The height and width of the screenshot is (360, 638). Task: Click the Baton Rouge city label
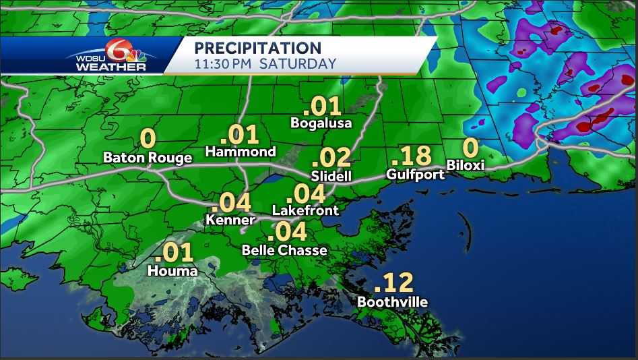[148, 158]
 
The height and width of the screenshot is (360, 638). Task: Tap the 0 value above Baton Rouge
[148, 139]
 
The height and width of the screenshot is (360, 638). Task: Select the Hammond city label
[241, 152]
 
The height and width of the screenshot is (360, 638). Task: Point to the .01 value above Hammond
[241, 133]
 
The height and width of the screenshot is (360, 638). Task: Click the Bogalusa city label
[321, 123]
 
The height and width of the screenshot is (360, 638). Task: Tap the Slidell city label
[331, 175]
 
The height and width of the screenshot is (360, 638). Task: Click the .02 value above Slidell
[331, 158]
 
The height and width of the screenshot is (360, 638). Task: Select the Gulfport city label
[416, 174]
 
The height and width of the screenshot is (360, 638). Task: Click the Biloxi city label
[466, 164]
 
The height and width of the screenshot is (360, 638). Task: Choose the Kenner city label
[230, 220]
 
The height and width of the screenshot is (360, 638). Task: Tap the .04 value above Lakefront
[306, 194]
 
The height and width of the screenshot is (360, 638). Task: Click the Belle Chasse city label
[284, 250]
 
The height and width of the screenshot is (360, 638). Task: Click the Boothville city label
[392, 301]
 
